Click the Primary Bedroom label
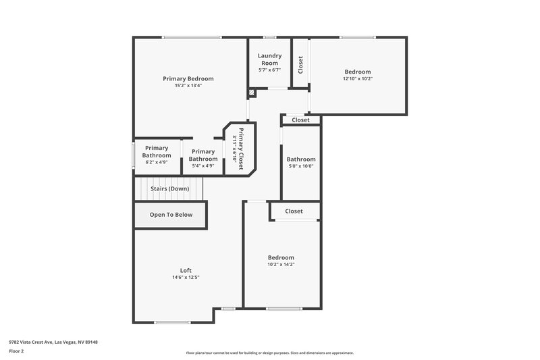coord(188,78)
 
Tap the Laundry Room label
coord(269,59)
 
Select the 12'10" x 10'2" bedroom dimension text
coord(358,79)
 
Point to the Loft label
coord(186,270)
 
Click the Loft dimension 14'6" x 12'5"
coord(186,278)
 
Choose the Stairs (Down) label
coord(169,188)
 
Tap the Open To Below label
coord(171,215)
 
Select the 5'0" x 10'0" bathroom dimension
coord(301,166)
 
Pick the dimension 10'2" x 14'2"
coord(281,264)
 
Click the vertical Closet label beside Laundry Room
coord(300,64)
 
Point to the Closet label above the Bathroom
coord(300,120)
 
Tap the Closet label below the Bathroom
coord(294,211)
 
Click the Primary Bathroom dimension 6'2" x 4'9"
coord(157,163)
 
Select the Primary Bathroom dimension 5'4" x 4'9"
coord(203,165)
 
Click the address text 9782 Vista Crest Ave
coord(53,342)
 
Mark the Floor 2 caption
coord(16,351)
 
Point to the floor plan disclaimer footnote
coord(269,353)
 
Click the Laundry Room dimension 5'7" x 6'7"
coord(269,70)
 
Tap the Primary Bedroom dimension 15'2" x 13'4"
coord(188,86)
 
